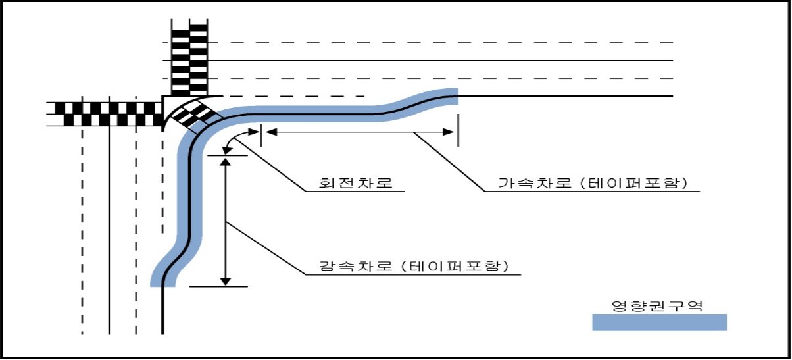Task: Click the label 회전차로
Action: [x=356, y=183]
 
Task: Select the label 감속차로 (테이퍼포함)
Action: [x=414, y=266]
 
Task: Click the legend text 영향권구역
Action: [x=657, y=306]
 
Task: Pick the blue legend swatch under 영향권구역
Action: [x=659, y=322]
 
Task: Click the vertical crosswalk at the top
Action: [x=189, y=58]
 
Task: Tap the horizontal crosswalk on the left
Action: [x=105, y=114]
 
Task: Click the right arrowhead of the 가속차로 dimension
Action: [x=449, y=132]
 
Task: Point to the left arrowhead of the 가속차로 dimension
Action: [x=271, y=132]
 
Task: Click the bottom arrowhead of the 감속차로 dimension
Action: [x=225, y=281]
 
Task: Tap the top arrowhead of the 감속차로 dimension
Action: [x=225, y=163]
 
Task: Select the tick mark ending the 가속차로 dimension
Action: [x=458, y=130]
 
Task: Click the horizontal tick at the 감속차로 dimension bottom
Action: [x=218, y=287]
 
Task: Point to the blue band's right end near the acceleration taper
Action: [x=455, y=96]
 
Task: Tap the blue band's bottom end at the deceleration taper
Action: [x=162, y=284]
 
